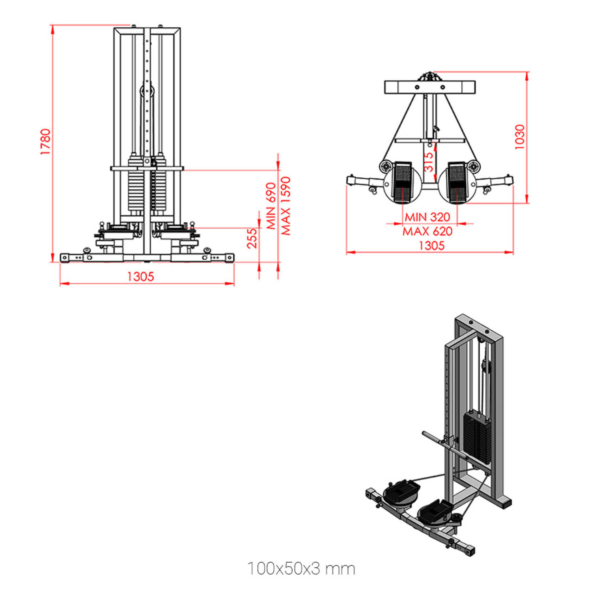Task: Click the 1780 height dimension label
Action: point(45,142)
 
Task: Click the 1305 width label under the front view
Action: point(141,277)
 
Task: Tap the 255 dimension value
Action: point(252,238)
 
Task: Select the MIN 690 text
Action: point(271,206)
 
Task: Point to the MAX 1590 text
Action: point(285,206)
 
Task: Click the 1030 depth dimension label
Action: point(520,137)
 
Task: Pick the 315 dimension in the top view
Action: point(428,162)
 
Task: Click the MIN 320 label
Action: point(427,217)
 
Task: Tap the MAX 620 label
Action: point(427,231)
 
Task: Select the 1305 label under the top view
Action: point(431,246)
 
